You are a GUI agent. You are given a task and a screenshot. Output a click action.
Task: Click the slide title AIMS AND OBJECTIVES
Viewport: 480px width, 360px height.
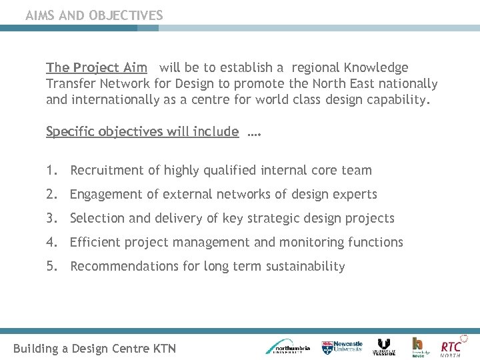[94, 15]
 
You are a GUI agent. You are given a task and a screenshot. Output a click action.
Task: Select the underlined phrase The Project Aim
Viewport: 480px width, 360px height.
[97, 67]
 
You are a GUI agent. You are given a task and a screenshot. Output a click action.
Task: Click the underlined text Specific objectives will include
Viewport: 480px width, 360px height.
[142, 131]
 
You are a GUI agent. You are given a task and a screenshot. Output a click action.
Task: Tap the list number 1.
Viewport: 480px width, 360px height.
[51, 170]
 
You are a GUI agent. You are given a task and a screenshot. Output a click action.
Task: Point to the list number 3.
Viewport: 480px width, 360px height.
[51, 218]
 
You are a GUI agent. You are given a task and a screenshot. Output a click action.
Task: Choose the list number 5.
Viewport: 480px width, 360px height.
[51, 266]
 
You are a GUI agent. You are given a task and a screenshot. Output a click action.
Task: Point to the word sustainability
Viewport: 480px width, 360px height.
[305, 267]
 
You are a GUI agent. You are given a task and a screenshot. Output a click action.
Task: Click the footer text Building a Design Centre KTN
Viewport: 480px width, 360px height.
[95, 348]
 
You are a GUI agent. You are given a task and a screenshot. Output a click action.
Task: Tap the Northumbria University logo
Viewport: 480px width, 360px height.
[288, 347]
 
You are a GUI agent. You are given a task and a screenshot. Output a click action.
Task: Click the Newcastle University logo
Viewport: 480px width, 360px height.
[342, 347]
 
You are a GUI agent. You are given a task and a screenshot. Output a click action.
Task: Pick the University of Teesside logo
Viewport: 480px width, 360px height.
[384, 347]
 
